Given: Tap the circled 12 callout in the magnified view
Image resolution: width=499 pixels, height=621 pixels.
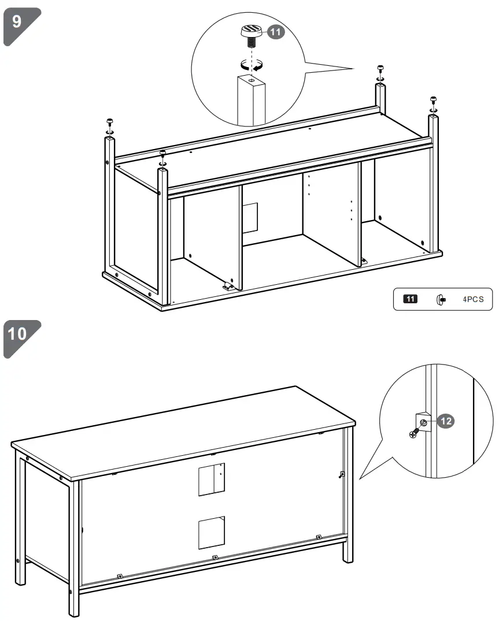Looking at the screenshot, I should click(x=444, y=422).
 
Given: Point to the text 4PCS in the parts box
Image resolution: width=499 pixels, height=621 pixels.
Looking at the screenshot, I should click(x=472, y=299).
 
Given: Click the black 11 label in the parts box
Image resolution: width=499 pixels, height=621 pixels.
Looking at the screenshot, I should click(x=410, y=299).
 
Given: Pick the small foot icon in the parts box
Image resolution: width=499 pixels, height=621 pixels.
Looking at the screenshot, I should click(x=440, y=299).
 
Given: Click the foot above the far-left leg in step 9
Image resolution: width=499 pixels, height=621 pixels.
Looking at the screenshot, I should click(x=109, y=124).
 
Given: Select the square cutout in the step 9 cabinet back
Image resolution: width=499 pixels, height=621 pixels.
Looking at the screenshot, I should click(x=250, y=217).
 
